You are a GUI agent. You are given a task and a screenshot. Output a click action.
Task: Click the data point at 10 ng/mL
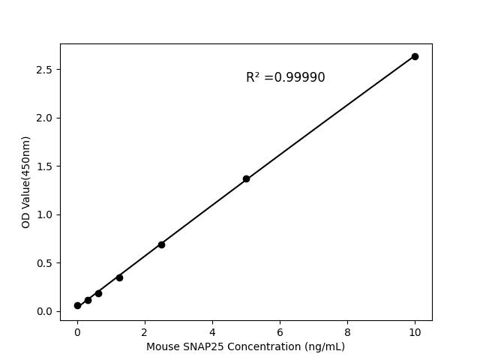pyautogui.click(x=415, y=56)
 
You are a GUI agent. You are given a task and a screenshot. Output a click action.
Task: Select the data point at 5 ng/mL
pyautogui.click(x=246, y=178)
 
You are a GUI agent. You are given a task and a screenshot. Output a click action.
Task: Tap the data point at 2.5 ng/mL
pyautogui.click(x=161, y=244)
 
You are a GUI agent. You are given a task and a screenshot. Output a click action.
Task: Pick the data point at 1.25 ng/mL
pyautogui.click(x=119, y=277)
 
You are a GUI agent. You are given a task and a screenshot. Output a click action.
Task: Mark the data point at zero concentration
pyautogui.click(x=77, y=305)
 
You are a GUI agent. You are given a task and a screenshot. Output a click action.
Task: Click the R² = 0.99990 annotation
pyautogui.click(x=285, y=77)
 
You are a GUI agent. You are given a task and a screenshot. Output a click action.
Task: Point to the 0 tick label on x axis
pyautogui.click(x=77, y=331)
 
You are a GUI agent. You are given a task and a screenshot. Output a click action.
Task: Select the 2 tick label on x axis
pyautogui.click(x=145, y=331)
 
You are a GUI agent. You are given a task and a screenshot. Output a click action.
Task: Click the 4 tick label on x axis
pyautogui.click(x=212, y=331)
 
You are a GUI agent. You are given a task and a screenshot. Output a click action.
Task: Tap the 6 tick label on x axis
pyautogui.click(x=280, y=331)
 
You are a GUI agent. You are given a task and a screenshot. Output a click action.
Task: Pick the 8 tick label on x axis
pyautogui.click(x=347, y=331)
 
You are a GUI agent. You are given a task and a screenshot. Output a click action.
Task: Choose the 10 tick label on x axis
pyautogui.click(x=415, y=331)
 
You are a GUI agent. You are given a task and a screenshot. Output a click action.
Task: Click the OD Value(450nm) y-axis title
pyautogui.click(x=26, y=182)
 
